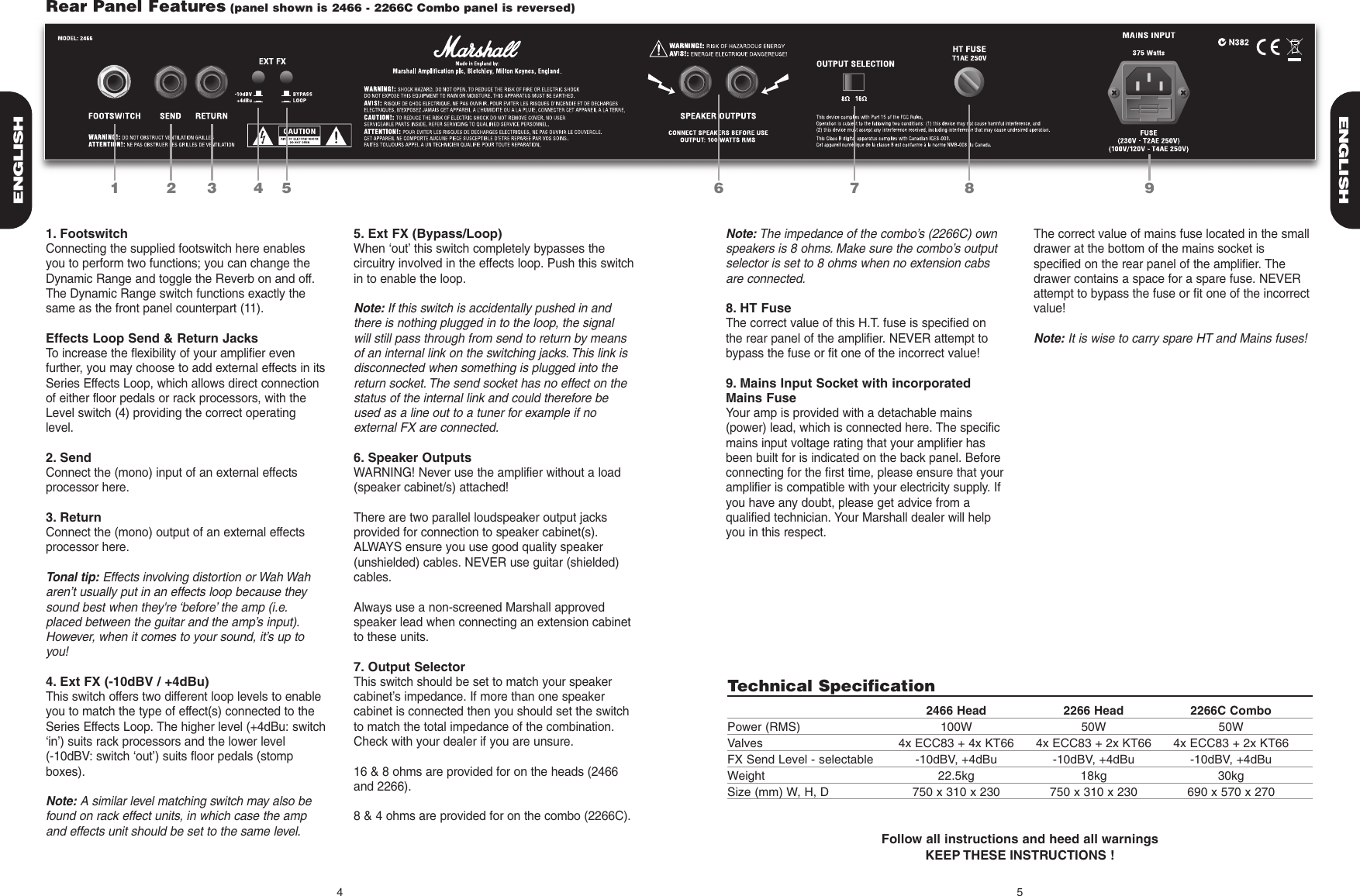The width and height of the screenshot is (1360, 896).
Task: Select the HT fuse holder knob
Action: click(x=968, y=81)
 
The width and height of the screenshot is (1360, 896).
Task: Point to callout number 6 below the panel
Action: click(x=719, y=188)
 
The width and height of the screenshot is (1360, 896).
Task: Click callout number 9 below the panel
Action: click(x=1148, y=188)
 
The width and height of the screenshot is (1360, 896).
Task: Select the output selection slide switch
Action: click(x=854, y=81)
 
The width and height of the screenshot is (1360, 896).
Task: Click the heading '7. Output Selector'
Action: click(x=409, y=667)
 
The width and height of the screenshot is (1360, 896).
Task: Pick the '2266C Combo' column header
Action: click(x=1231, y=710)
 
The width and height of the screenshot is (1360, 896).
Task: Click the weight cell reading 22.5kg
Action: click(x=956, y=775)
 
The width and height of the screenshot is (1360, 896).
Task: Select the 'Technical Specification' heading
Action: click(x=830, y=686)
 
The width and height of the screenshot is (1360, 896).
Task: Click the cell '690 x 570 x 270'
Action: click(x=1231, y=791)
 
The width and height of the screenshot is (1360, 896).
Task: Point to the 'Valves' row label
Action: click(x=744, y=743)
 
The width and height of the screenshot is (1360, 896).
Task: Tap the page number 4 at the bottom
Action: click(x=339, y=891)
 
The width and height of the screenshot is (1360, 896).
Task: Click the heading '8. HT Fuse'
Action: click(x=758, y=308)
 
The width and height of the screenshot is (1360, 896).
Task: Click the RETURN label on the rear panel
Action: click(x=211, y=116)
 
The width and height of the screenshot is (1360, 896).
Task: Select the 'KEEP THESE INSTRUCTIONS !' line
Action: click(x=1020, y=855)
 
